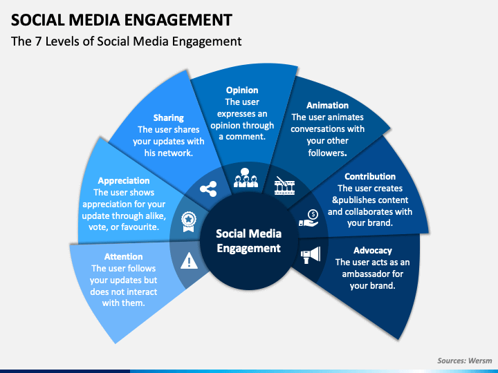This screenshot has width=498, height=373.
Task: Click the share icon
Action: pyautogui.click(x=208, y=189)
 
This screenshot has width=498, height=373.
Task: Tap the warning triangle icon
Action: pyautogui.click(x=190, y=260)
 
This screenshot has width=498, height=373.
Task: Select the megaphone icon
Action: pyautogui.click(x=311, y=255)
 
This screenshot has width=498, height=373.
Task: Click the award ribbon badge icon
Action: pyautogui.click(x=189, y=222)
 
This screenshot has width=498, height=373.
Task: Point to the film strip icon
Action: pyautogui.click(x=284, y=186)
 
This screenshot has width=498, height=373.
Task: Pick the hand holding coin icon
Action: pyautogui.click(x=308, y=218)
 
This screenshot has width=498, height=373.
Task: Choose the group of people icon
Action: pyautogui.click(x=246, y=178)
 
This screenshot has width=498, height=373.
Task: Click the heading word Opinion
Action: pyautogui.click(x=242, y=90)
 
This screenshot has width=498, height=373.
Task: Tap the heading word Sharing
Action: pyautogui.click(x=169, y=118)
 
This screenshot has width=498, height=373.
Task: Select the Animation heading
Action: pyautogui.click(x=327, y=105)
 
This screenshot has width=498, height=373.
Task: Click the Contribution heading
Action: pyautogui.click(x=370, y=176)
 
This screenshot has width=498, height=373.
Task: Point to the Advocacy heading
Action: pyautogui.click(x=373, y=251)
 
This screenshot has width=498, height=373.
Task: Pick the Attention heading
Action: pyautogui.click(x=124, y=256)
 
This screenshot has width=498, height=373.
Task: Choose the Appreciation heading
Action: pyautogui.click(x=124, y=181)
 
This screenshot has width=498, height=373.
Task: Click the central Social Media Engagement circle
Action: pyautogui.click(x=249, y=241)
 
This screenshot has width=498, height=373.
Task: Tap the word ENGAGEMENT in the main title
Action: pyautogui.click(x=178, y=19)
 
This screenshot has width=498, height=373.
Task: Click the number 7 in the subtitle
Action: pyautogui.click(x=39, y=41)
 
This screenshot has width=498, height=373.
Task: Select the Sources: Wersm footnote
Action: pyautogui.click(x=464, y=361)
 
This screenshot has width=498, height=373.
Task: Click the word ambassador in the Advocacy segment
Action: pyautogui.click(x=373, y=274)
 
